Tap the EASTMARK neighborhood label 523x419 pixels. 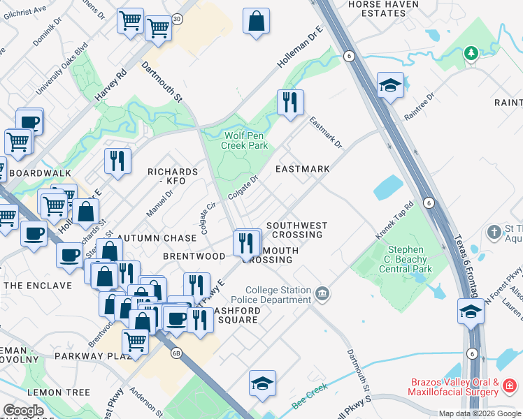[x=302, y=170]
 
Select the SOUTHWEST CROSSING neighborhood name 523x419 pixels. [x=296, y=230]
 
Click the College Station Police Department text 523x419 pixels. [x=277, y=295]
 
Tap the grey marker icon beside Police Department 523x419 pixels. [x=322, y=292]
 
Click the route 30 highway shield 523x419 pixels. [x=178, y=20]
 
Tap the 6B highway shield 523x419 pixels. [x=177, y=353]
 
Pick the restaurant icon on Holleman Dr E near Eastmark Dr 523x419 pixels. [x=289, y=102]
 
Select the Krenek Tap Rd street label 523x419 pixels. [x=395, y=220]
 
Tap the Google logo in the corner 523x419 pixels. [x=23, y=410]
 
